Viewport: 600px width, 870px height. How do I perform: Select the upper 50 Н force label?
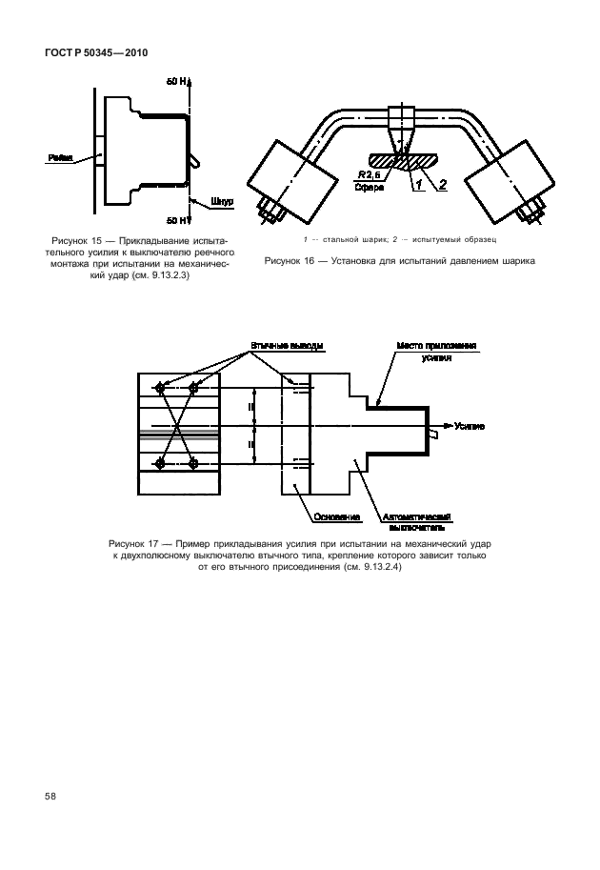(x=176, y=82)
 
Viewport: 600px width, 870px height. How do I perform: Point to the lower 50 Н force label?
(x=176, y=219)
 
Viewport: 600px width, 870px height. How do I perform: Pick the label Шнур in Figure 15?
(x=221, y=201)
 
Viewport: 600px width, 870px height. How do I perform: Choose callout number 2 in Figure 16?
(x=442, y=185)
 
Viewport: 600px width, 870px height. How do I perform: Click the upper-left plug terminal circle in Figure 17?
(x=159, y=388)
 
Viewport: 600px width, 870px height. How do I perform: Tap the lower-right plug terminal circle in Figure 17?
(x=193, y=463)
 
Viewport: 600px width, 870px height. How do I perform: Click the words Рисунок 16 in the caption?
(x=290, y=259)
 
